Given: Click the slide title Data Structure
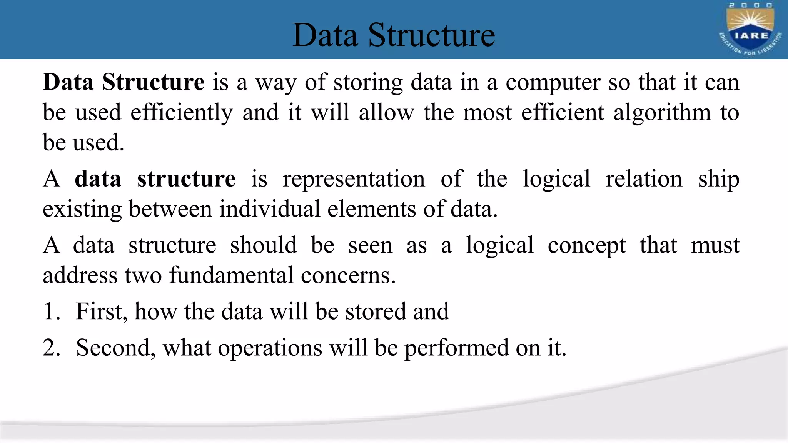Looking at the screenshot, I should click(394, 35).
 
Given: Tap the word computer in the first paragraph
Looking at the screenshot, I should click(553, 83).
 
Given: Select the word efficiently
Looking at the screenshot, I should click(182, 113).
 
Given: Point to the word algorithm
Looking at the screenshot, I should click(662, 113).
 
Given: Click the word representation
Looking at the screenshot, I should click(354, 179).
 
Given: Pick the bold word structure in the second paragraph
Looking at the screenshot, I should click(186, 179).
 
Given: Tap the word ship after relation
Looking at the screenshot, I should click(718, 179).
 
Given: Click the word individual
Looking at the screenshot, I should click(269, 209).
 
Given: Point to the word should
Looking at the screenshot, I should click(264, 245).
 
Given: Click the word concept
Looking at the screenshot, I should click(586, 246).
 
